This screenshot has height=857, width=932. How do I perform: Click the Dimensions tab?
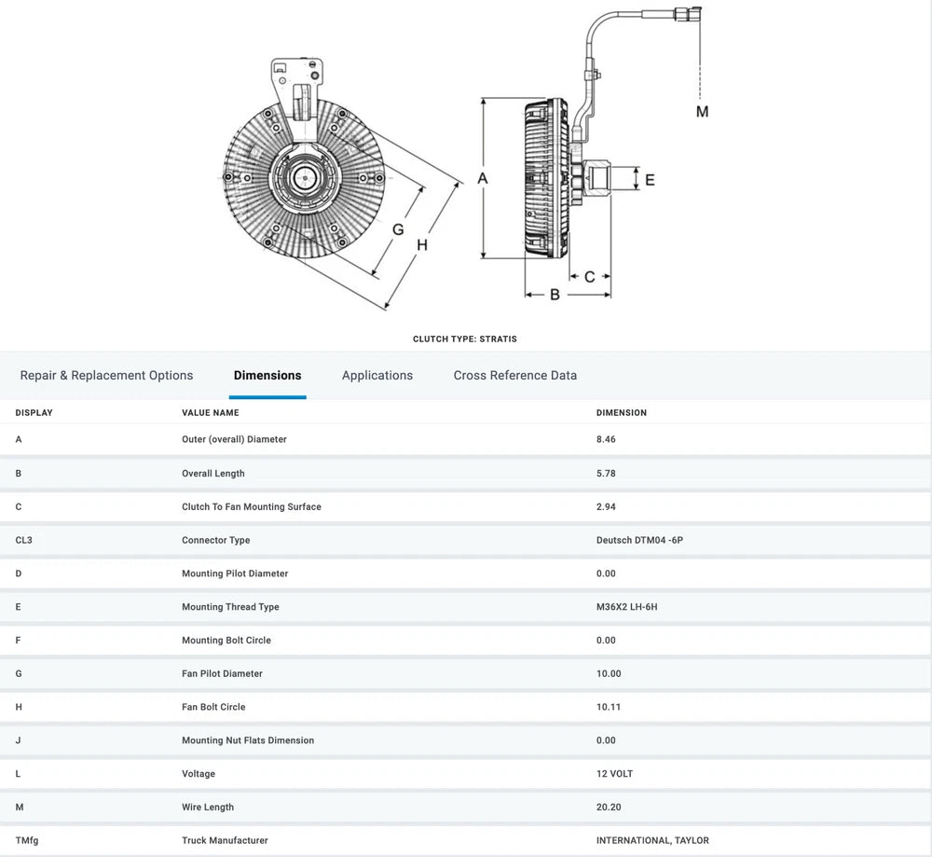pos(267,375)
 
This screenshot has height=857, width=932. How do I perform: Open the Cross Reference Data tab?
pos(514,375)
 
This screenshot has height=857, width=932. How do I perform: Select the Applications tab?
pos(377,375)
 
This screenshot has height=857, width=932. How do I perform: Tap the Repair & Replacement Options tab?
pos(106,375)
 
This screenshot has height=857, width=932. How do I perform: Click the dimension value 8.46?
pos(606,439)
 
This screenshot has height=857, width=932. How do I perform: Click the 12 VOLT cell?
pos(614,774)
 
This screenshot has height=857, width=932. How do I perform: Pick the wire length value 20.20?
pos(609,808)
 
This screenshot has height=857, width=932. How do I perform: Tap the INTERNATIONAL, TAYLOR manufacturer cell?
pos(652,840)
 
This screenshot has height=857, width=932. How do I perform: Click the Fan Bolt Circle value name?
pos(213,707)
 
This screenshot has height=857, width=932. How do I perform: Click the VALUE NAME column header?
pos(210,412)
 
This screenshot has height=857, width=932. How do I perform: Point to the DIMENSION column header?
pos(621,412)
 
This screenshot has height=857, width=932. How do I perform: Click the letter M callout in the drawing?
pos(702,112)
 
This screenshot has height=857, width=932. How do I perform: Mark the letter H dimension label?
pos(421,245)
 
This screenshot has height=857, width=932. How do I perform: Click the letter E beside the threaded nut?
pos(650,179)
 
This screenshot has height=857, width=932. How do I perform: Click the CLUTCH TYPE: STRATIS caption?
pos(464,339)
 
